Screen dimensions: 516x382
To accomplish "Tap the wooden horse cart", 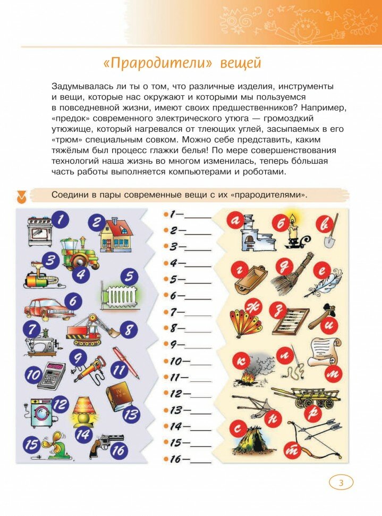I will [307, 396].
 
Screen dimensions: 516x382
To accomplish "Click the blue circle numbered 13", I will [131, 414].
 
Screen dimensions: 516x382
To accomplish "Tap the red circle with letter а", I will [234, 220].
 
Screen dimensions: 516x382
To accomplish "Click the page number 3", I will [342, 482].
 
